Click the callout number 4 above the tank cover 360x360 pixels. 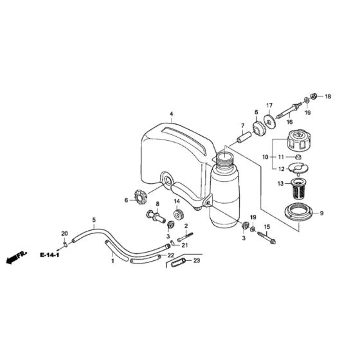tap(171, 114)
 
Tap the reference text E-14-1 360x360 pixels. tap(48, 255)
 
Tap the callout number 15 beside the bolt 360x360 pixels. tap(268, 227)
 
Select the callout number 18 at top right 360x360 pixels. tap(328, 97)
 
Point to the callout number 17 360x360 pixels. tap(269, 106)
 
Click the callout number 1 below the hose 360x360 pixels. tap(112, 262)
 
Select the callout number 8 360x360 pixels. tap(156, 204)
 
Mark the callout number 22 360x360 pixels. tap(170, 256)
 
